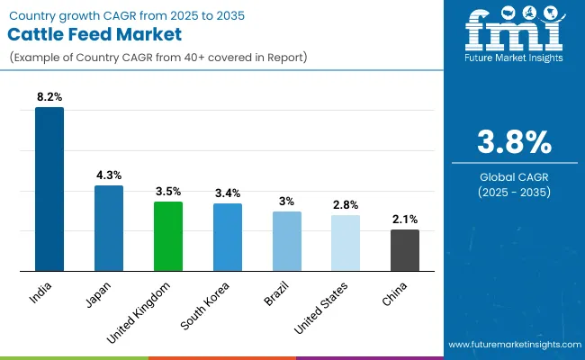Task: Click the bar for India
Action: pos(49,189)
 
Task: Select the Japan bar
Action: pos(109,228)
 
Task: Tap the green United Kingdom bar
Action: pos(168,236)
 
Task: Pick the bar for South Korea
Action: pos(228,237)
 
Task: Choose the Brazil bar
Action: pos(287,241)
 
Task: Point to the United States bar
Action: pos(346,242)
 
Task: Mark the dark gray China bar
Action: pos(405,250)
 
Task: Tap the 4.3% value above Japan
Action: pos(109,175)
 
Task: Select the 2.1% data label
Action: pos(405,220)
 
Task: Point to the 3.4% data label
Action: pos(228,193)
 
